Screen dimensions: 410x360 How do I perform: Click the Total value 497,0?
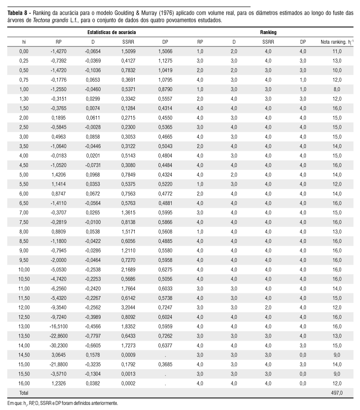pos(336,393)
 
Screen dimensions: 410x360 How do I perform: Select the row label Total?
pos(23,393)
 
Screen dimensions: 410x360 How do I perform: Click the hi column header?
pos(24,42)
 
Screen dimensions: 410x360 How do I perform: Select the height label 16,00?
pos(24,383)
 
